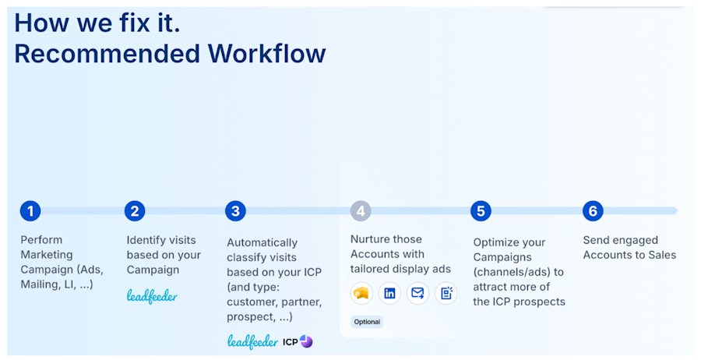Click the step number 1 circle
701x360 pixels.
coord(30,210)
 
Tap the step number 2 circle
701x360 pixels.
coord(135,210)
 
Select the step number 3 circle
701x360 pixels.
coord(235,210)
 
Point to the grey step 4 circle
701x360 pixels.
coord(360,210)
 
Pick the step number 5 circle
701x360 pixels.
coord(481,210)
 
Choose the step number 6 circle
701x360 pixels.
coord(593,210)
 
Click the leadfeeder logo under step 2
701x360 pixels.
coord(152,295)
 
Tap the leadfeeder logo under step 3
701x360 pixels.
coord(252,341)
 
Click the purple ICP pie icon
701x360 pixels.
coord(306,341)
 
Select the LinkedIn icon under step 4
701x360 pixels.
coord(389,294)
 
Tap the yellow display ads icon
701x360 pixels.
coord(361,294)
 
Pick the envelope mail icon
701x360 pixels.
coord(417,294)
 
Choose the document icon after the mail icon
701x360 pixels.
coord(446,294)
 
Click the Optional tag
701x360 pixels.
coord(366,322)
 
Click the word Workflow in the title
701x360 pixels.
coord(266,54)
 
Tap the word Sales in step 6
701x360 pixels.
coord(660,255)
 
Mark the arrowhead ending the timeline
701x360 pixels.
coord(675,210)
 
